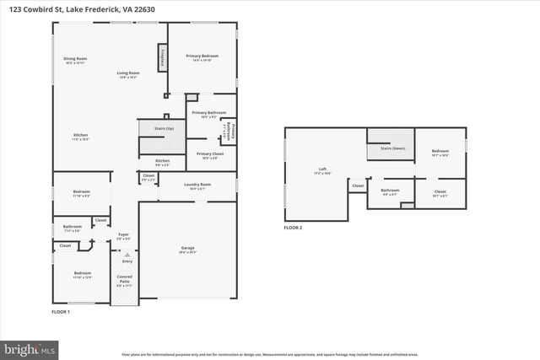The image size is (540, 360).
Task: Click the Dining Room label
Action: [x=76, y=59]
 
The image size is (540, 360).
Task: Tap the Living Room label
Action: [x=127, y=74]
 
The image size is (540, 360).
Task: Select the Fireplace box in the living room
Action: [x=161, y=58]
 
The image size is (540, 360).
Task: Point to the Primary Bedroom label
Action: [x=207, y=56]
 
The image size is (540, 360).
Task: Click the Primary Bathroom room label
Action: [x=205, y=113]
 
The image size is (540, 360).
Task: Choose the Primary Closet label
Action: [x=209, y=154]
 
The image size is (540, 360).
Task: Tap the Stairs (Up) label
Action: [x=164, y=128]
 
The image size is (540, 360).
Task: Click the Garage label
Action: [x=187, y=249]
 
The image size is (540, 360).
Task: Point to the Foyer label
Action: [x=123, y=235]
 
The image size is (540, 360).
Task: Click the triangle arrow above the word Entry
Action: [x=128, y=254]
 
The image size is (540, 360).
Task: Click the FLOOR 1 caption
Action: [x=61, y=312]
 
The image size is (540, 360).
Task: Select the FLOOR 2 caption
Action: [x=292, y=228]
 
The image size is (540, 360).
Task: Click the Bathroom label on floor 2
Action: [x=390, y=190]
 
